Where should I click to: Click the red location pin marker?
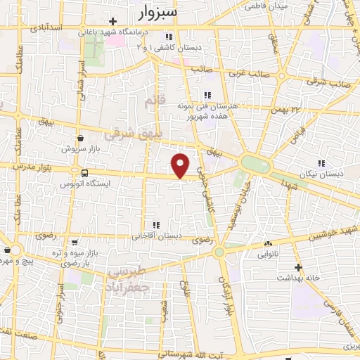click(x=181, y=165)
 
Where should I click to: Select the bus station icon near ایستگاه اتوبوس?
click(x=85, y=173)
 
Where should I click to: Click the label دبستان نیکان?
click(x=323, y=172)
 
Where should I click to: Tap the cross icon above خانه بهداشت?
click(x=299, y=267)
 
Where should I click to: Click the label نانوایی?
click(x=268, y=255)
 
